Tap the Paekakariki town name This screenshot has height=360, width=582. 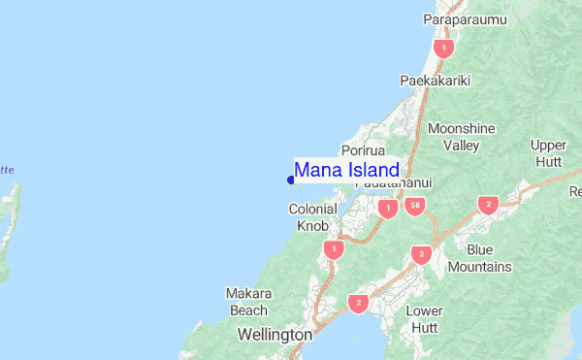(435, 81)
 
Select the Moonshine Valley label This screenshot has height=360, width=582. (461, 137)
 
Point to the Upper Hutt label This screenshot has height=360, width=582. (549, 153)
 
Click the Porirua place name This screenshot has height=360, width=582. (364, 151)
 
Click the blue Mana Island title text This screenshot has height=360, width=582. (346, 171)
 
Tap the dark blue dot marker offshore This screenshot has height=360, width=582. (291, 179)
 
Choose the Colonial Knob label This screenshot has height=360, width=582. (311, 216)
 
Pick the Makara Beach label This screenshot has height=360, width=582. (246, 301)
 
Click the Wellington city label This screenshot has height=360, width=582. (275, 335)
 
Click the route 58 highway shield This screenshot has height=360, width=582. (415, 207)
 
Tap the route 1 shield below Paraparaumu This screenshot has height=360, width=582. (444, 47)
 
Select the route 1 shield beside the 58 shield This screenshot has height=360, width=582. (388, 209)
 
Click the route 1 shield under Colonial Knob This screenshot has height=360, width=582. (334, 249)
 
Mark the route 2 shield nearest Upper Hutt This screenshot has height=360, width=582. (487, 205)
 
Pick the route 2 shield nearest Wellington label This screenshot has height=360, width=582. (359, 304)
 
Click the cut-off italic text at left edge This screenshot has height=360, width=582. (7, 170)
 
